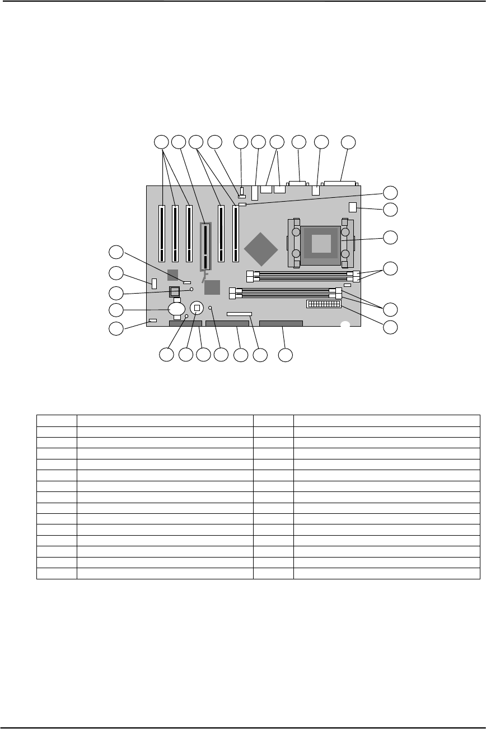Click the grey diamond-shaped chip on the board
click(x=261, y=248)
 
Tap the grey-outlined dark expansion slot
click(x=207, y=246)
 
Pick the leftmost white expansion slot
click(x=162, y=234)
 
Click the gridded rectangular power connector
click(x=323, y=304)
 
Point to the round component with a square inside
click(x=197, y=307)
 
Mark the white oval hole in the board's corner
click(x=345, y=324)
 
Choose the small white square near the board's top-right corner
click(x=352, y=206)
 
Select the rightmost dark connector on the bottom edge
click(x=282, y=323)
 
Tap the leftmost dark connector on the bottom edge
click(x=185, y=323)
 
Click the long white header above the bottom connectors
click(x=240, y=314)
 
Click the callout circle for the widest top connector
click(x=348, y=142)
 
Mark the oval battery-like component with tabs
click(x=177, y=308)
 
